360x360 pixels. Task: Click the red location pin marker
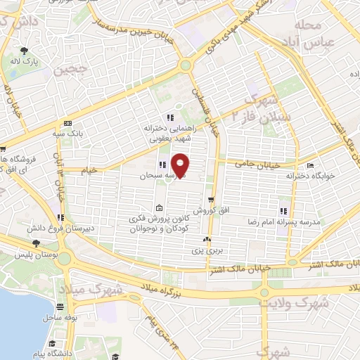point(181,165)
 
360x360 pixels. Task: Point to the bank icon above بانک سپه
point(67,122)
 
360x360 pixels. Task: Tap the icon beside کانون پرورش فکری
point(159,208)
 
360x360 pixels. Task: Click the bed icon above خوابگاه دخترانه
point(310,166)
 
